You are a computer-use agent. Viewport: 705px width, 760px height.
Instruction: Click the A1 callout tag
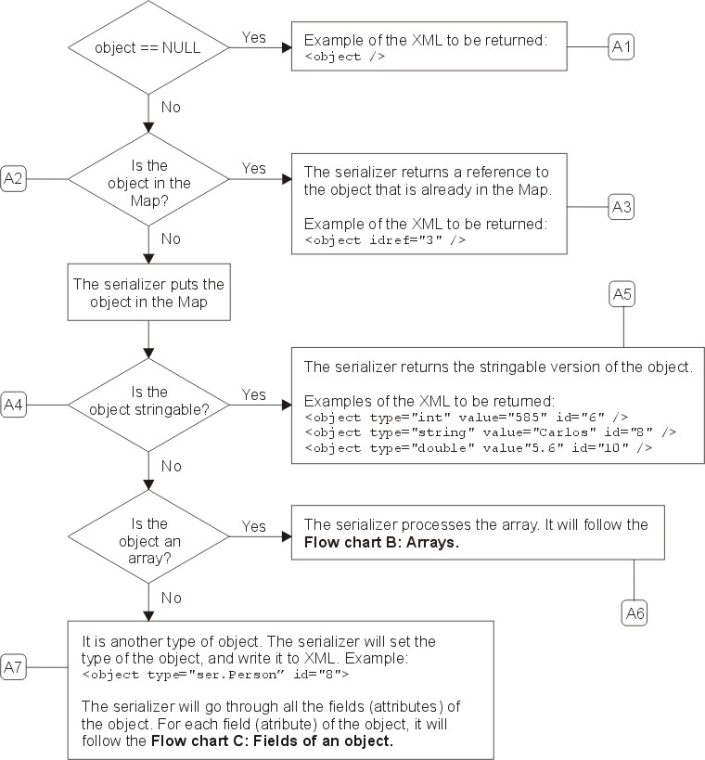click(622, 47)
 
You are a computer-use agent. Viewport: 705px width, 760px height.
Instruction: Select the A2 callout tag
click(13, 179)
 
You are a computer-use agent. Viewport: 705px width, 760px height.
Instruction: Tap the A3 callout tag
click(622, 207)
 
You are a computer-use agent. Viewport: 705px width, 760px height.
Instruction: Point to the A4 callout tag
click(13, 405)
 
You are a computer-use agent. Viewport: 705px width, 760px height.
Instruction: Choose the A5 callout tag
click(622, 294)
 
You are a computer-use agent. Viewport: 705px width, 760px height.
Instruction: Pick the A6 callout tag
click(634, 613)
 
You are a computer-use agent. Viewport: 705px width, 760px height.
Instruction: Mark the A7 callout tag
click(13, 667)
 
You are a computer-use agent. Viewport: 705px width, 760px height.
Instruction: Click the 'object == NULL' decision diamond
click(148, 47)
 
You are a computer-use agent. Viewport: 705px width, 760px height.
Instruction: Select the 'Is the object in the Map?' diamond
click(148, 179)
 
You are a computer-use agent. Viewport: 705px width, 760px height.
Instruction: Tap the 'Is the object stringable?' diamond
click(148, 406)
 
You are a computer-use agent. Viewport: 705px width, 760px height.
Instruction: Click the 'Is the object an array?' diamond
click(148, 536)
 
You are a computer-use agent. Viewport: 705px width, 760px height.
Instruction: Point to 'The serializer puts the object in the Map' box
click(148, 292)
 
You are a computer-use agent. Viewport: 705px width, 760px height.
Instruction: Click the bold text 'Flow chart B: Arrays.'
click(381, 542)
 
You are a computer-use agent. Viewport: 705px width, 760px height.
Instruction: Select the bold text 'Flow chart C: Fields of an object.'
click(272, 741)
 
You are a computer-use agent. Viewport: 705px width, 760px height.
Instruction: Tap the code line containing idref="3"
click(385, 240)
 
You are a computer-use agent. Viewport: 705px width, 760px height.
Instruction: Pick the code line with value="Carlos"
click(491, 432)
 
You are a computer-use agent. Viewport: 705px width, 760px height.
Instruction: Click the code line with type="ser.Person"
click(215, 675)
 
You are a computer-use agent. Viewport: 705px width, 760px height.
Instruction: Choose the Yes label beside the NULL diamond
click(254, 37)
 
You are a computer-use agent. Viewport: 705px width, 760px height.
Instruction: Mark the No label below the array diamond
click(171, 598)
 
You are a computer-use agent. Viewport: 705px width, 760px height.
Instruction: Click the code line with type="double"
click(479, 448)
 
